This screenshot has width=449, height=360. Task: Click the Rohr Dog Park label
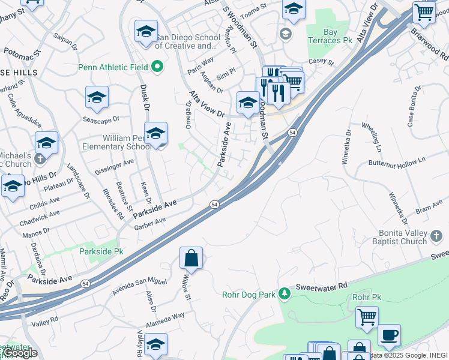point(247,293)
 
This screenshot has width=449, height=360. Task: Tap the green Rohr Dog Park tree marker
point(286,293)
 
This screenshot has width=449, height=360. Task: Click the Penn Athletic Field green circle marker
point(158,66)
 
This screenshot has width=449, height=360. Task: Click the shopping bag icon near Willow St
point(191,259)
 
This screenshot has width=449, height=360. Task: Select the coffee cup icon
point(390,334)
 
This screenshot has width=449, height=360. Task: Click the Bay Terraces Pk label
point(338,37)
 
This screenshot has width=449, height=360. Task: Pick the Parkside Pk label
point(101,252)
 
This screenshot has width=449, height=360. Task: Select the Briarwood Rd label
point(437,41)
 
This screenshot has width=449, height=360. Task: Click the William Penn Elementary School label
point(126,142)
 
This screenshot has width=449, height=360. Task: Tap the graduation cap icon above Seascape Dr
point(97,97)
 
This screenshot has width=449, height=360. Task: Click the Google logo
point(20,353)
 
